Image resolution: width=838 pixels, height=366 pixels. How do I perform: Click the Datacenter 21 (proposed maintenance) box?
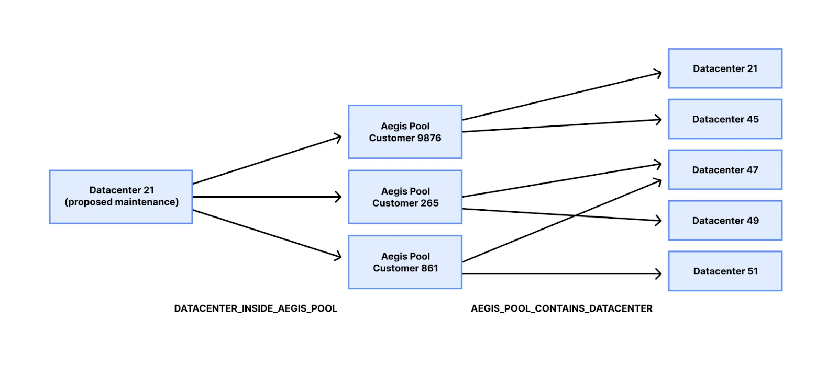121,197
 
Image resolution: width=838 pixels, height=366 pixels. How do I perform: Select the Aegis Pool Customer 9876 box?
405,132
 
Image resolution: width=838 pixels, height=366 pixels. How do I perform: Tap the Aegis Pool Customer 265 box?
405,197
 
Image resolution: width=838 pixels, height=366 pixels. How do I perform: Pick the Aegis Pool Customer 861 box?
405,262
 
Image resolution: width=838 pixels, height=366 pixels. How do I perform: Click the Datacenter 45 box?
725,119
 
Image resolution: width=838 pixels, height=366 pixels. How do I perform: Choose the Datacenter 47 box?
725,170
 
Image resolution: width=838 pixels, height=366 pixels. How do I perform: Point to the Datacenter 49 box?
725,221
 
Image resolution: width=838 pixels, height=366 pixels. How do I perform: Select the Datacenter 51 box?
725,271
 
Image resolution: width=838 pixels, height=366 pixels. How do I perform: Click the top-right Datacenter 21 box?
725,68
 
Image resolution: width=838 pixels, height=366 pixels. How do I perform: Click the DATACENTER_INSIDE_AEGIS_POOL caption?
256,308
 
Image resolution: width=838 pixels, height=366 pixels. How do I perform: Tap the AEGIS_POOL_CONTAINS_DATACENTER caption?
561,308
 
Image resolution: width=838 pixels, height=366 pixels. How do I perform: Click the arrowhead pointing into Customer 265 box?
339,197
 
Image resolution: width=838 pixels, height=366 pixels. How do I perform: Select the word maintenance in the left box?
147,202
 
